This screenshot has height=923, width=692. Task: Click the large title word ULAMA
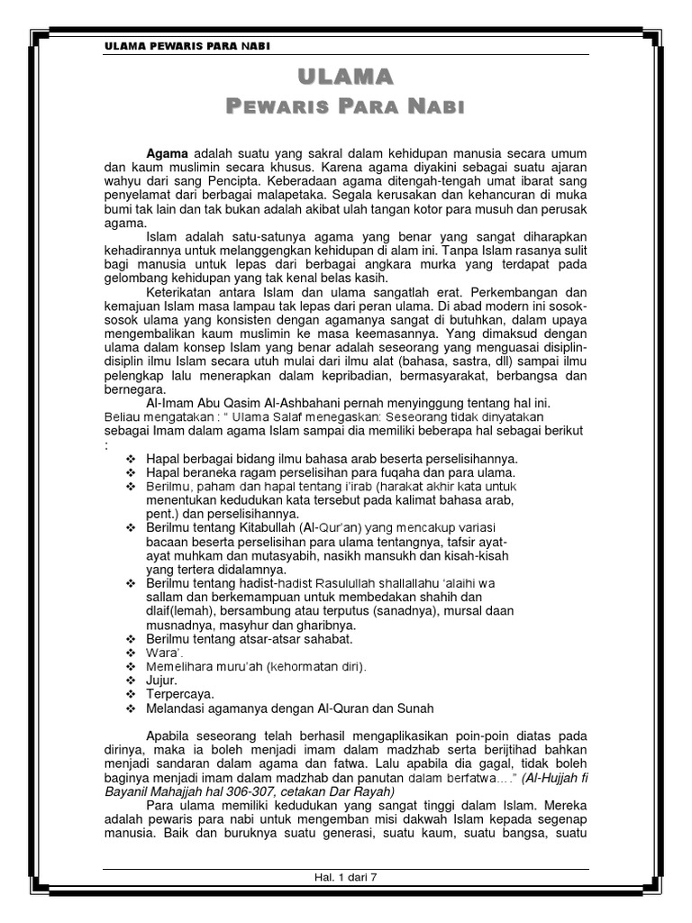tap(345, 76)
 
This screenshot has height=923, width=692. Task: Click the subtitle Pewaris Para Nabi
tap(345, 108)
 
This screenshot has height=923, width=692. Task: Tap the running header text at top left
tap(187, 46)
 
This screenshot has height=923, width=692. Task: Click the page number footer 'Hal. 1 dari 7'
tap(345, 876)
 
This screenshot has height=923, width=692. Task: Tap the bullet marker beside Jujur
tap(132, 681)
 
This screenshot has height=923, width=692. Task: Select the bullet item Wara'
tap(161, 653)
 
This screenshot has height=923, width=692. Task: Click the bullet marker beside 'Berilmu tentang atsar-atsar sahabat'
tap(132, 638)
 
